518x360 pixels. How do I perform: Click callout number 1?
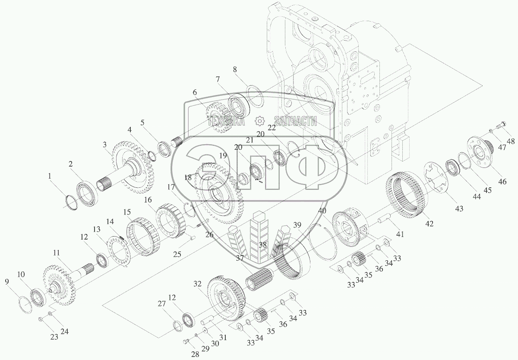[x=50, y=177]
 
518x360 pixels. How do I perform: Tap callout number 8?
[x=235, y=69]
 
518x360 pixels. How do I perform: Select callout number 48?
[x=511, y=141]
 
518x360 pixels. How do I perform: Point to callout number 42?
[x=430, y=224]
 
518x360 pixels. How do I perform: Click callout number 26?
[x=209, y=235]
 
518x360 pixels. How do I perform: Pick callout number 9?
[x=7, y=281]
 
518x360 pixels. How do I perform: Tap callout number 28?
[x=196, y=354]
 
